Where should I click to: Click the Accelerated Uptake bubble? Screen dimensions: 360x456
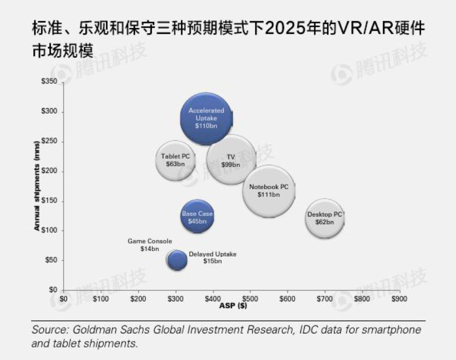pos(206,118)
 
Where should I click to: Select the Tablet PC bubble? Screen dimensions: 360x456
pos(175,160)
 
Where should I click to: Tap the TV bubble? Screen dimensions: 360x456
pos(231,160)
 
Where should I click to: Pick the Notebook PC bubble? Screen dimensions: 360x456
pos(269,191)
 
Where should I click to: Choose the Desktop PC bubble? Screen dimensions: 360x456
pos(325,218)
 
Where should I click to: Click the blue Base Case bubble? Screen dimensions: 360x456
pos(197,218)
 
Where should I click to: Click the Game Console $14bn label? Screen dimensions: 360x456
pos(150,244)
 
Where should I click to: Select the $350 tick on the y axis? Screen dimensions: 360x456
pos(50,82)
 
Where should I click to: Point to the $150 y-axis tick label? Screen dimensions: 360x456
pos(50,201)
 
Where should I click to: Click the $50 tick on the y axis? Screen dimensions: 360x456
pos(52,260)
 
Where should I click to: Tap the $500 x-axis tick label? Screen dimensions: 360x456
pos(250,299)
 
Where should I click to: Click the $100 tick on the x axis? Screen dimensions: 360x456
pos(101,299)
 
